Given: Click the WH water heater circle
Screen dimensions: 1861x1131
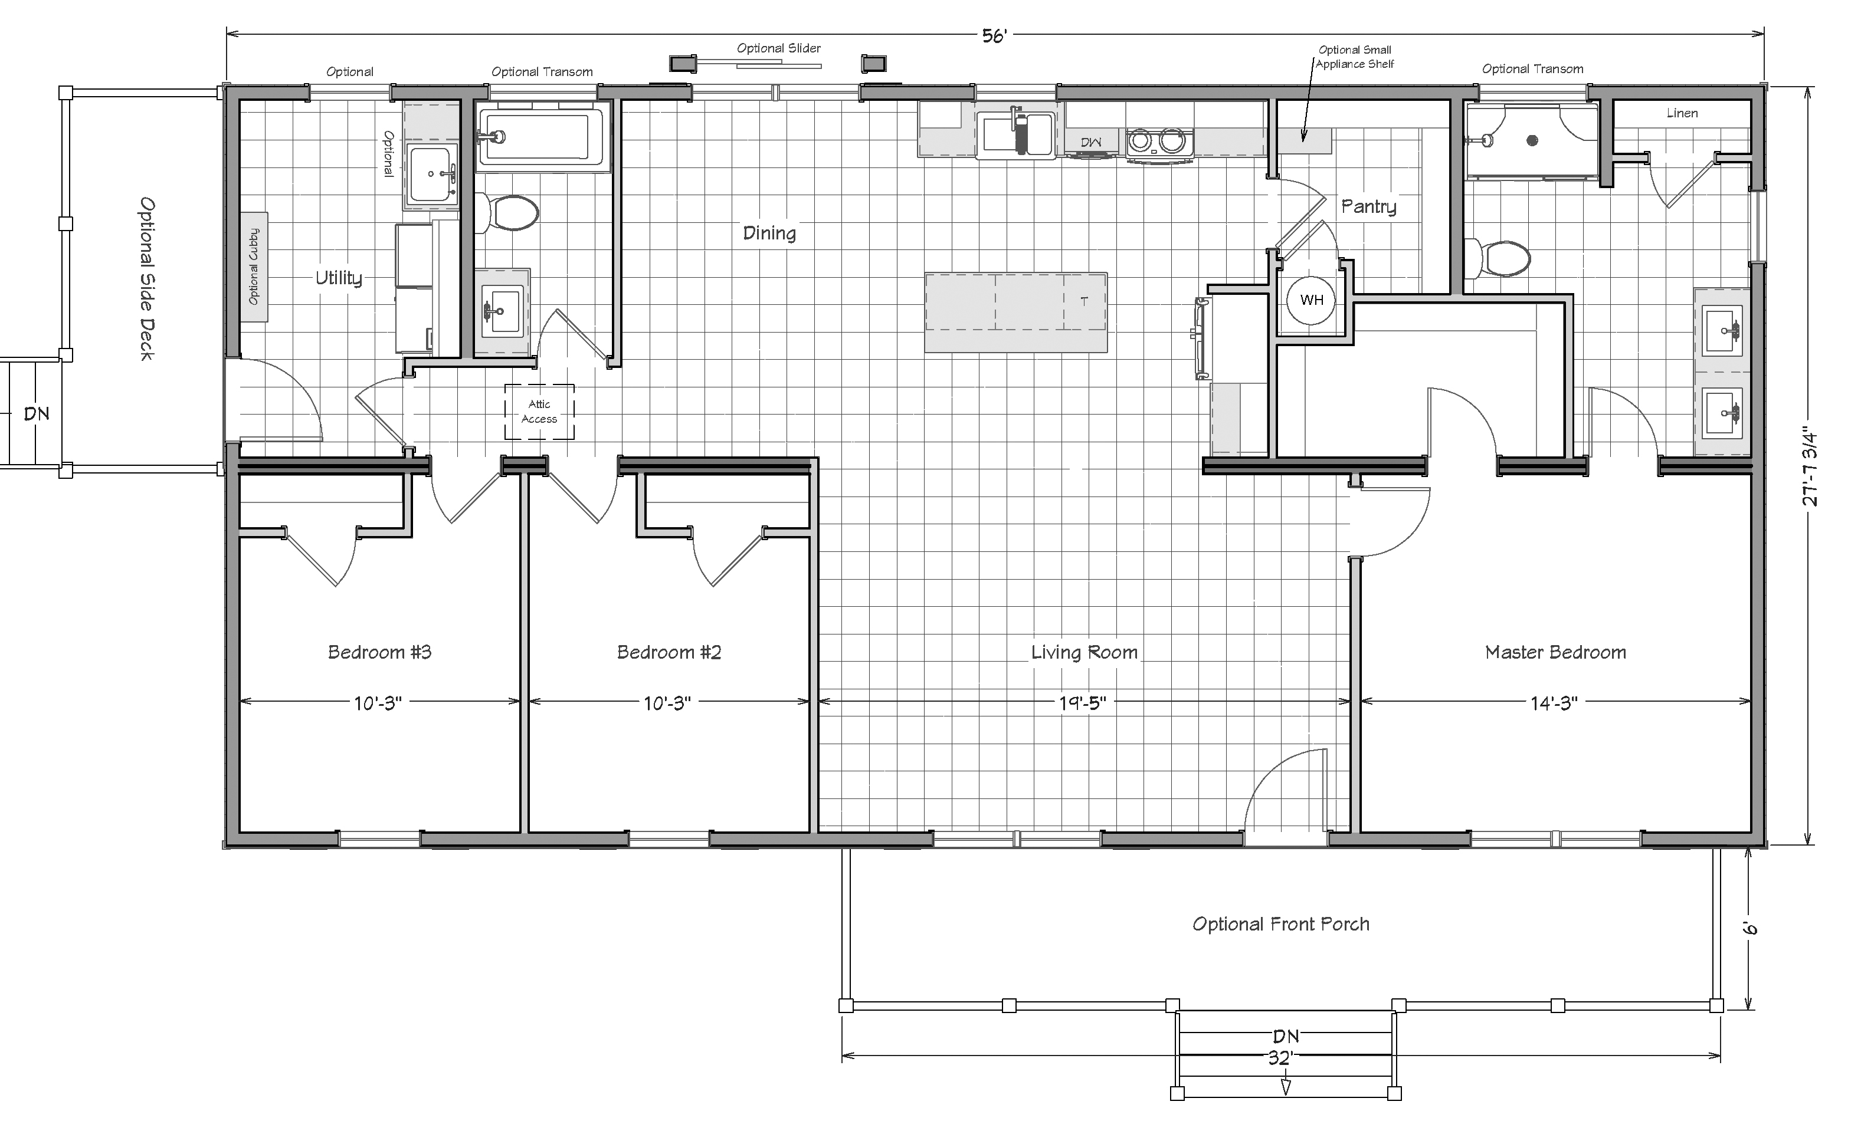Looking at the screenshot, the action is click(1311, 300).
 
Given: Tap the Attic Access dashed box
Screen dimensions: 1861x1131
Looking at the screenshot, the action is click(539, 412).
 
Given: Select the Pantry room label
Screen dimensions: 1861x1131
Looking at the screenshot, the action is click(1368, 207).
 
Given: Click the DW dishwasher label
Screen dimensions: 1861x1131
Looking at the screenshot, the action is click(1090, 143).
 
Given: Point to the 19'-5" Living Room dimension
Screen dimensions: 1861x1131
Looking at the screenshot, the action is click(1082, 703).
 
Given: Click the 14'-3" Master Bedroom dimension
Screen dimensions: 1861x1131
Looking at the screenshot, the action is click(1554, 703).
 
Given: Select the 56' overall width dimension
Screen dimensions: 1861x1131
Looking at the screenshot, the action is click(994, 36).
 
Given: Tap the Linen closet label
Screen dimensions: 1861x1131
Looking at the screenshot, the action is click(1682, 113).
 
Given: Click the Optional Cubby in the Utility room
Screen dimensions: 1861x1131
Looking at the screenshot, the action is click(254, 267).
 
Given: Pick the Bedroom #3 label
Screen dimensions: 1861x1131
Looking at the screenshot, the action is click(379, 652).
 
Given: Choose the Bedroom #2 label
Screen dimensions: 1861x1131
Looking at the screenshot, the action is click(669, 652).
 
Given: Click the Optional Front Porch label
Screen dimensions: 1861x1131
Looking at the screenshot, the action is click(1281, 924).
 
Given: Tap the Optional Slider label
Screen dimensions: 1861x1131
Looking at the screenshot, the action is click(779, 48).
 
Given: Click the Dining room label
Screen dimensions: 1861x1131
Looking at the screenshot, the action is click(769, 234).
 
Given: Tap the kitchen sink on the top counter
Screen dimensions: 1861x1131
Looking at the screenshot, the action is click(1017, 134).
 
